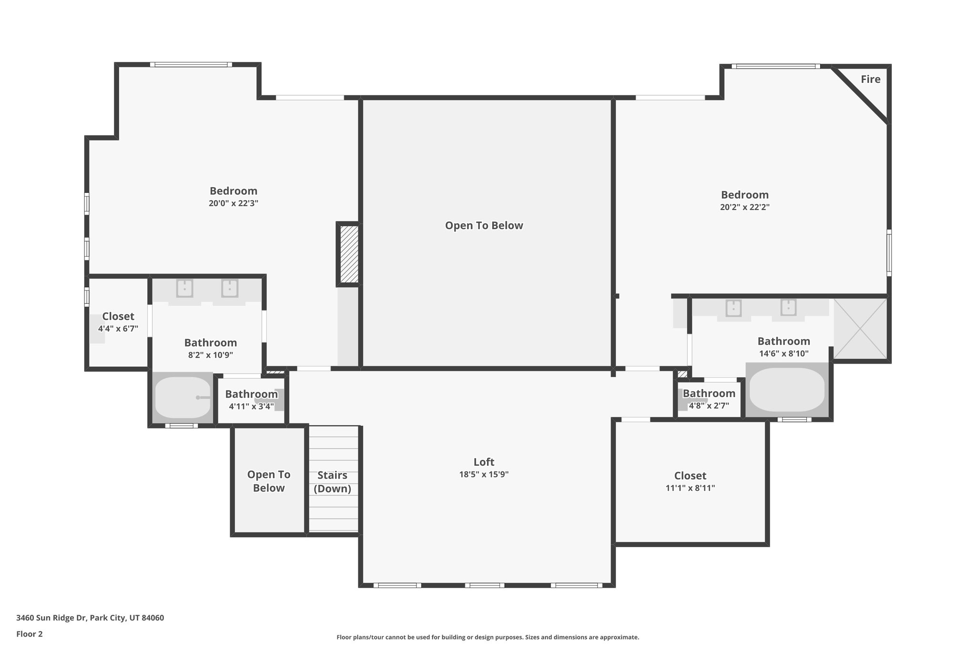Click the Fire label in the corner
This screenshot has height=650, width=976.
(870, 80)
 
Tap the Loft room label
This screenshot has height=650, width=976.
(484, 462)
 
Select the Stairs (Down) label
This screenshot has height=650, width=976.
(332, 482)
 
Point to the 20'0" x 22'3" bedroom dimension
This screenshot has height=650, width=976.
(234, 203)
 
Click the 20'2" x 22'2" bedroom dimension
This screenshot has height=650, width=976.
(745, 207)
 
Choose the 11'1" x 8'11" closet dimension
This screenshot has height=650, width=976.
(690, 488)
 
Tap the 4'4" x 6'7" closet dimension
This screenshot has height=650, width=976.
(118, 329)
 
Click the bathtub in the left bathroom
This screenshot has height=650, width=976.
(182, 398)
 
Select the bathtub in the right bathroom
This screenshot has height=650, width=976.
(787, 390)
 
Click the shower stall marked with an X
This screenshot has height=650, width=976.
(860, 329)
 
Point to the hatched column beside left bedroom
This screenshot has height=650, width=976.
(349, 254)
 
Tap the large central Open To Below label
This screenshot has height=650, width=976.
(484, 226)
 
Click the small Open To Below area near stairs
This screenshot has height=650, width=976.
(269, 481)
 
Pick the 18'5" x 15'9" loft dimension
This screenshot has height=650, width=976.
(484, 474)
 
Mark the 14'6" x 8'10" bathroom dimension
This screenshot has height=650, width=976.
(784, 354)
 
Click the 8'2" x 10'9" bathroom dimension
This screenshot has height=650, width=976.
(211, 355)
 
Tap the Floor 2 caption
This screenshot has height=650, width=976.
(30, 634)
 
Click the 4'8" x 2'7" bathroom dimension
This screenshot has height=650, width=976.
(709, 406)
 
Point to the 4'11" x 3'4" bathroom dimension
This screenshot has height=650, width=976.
(251, 406)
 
